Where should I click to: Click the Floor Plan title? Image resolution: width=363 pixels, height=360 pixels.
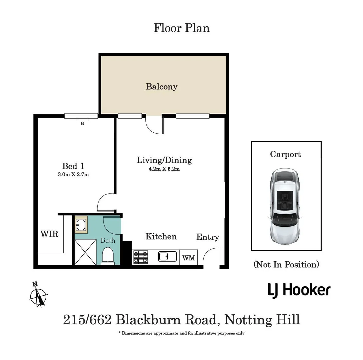click(182, 28)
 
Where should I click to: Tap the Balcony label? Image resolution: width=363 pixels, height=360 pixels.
click(162, 87)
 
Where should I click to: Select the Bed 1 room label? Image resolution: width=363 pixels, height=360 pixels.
click(73, 166)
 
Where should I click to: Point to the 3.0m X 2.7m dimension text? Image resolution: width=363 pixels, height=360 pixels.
click(73, 174)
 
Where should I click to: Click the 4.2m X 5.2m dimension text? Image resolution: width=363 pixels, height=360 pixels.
click(164, 169)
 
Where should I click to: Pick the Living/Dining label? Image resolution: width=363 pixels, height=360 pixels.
click(164, 160)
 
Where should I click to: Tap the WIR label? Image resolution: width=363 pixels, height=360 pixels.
click(49, 234)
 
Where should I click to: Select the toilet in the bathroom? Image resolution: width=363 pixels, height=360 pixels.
click(108, 256)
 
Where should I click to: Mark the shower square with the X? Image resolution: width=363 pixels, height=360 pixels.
click(85, 252)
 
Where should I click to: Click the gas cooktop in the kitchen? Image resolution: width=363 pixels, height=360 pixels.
click(141, 257)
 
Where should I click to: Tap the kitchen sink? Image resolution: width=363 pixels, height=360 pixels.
click(168, 257)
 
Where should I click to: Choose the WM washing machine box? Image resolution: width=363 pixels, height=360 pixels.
click(189, 258)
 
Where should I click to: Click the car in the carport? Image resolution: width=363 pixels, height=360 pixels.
click(284, 206)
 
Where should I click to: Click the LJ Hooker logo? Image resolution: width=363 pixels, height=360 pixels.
click(299, 290)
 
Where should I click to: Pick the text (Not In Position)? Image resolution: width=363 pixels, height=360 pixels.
click(286, 265)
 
